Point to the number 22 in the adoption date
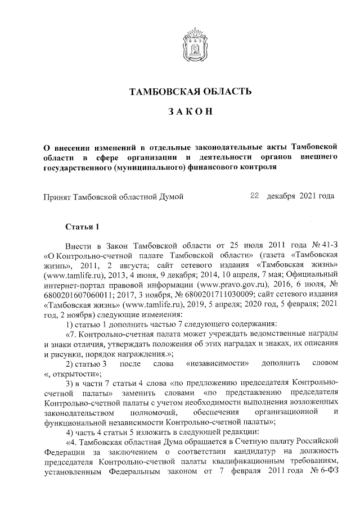pyautogui.click(x=254, y=196)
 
